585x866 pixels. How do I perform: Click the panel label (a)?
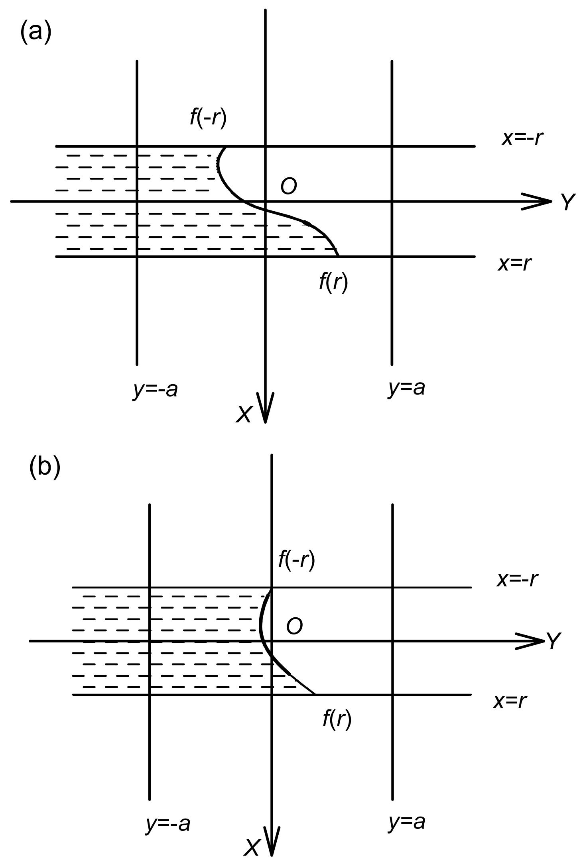tap(36, 32)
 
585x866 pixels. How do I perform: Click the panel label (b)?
tap(45, 466)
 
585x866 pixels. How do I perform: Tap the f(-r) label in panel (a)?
tap(208, 118)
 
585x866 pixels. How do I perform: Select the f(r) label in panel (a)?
tap(333, 282)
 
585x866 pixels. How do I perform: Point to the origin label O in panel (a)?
tap(289, 187)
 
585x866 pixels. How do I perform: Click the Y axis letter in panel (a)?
tap(568, 202)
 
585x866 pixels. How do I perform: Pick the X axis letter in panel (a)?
tap(244, 414)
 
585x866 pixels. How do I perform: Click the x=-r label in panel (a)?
tap(522, 138)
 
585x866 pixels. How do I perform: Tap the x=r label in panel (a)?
tap(515, 263)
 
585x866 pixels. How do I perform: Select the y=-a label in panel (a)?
tap(155, 389)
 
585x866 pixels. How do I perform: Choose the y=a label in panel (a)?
tap(406, 387)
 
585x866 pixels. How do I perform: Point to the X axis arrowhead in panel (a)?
tap(265, 408)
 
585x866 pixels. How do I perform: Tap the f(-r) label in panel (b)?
tap(297, 560)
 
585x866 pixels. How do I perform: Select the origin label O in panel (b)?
tap(294, 626)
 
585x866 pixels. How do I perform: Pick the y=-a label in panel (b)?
tap(168, 823)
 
